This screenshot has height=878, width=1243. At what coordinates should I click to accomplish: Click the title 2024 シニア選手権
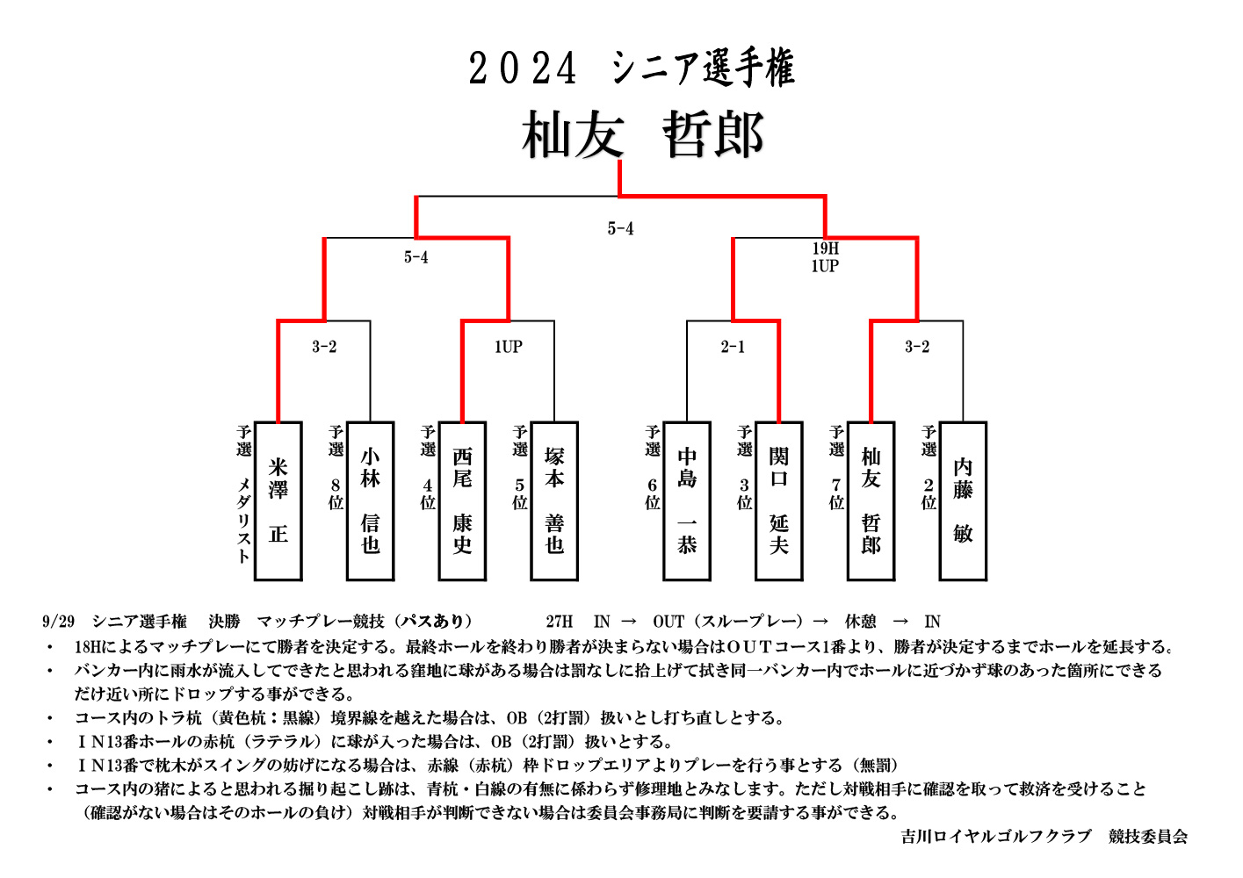click(632, 68)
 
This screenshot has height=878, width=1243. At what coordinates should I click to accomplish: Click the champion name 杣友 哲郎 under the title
click(644, 134)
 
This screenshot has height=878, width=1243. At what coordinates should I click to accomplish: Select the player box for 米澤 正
click(278, 500)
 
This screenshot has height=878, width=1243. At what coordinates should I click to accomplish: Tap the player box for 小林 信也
click(370, 500)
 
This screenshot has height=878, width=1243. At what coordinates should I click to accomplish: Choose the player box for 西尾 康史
click(462, 500)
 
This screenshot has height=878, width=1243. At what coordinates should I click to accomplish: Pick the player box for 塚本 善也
click(554, 500)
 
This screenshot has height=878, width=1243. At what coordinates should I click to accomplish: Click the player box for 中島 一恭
click(687, 500)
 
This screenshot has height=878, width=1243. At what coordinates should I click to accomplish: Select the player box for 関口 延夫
click(779, 500)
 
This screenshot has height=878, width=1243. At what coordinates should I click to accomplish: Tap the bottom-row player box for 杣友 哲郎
click(871, 500)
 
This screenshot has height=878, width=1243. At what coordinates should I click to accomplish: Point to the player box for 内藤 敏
click(964, 500)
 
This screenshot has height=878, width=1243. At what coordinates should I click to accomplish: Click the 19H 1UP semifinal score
click(825, 256)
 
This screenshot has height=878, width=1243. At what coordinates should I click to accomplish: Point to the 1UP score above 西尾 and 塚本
click(509, 347)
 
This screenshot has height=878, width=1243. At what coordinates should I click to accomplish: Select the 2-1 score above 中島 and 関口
click(733, 347)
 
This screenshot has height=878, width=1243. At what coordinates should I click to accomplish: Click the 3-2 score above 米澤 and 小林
click(324, 347)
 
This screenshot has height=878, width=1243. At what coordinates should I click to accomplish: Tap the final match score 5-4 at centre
click(620, 228)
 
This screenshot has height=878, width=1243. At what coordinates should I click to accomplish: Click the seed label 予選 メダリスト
click(244, 494)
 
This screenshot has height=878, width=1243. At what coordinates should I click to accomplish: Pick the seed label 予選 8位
click(336, 467)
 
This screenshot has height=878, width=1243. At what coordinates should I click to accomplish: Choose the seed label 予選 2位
click(929, 467)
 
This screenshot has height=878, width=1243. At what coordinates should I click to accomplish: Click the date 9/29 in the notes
click(58, 622)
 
